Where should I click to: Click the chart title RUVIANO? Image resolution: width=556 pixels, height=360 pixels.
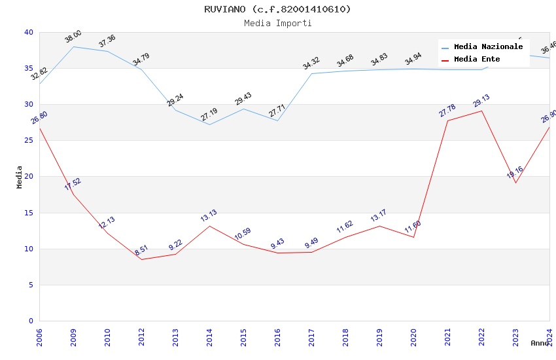(x=277, y=9)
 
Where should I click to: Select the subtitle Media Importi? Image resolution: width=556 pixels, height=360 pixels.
(x=277, y=23)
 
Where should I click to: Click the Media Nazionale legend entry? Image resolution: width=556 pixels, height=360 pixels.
(x=488, y=47)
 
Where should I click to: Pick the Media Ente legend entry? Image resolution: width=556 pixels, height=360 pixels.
(x=476, y=59)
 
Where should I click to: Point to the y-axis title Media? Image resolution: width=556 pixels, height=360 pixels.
(x=19, y=177)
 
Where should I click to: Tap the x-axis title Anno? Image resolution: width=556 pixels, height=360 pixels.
(x=540, y=343)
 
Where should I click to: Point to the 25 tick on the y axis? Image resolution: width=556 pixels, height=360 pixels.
(x=28, y=141)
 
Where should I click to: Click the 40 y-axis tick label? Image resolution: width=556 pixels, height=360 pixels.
(x=28, y=32)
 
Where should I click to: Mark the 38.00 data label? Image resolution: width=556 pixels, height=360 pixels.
(x=73, y=37)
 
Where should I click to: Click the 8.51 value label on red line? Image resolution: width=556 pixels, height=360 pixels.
(x=141, y=251)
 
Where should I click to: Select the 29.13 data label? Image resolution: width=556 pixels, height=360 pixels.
(x=481, y=101)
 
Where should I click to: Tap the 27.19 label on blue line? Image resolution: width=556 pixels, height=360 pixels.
(x=209, y=115)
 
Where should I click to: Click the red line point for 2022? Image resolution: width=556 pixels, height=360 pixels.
(x=481, y=111)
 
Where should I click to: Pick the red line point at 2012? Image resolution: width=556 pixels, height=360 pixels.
(x=141, y=259)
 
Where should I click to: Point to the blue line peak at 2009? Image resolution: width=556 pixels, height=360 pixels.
(x=73, y=46)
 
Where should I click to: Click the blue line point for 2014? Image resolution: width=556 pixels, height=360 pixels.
(x=209, y=124)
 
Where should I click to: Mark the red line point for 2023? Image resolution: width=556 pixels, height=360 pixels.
(x=515, y=183)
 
